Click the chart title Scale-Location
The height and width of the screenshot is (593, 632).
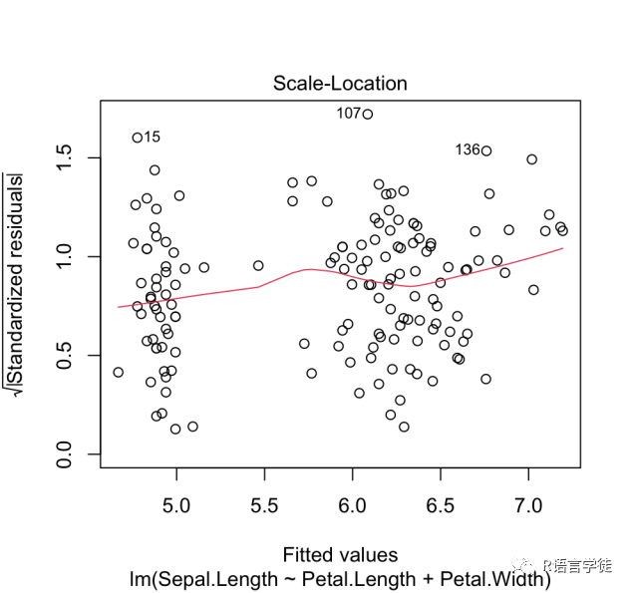click(340, 84)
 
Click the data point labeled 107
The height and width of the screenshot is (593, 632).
click(367, 114)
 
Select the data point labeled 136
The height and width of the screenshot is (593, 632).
click(486, 150)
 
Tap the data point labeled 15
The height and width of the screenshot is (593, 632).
click(138, 138)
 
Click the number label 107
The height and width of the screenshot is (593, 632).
click(348, 114)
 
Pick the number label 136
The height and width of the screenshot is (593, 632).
click(467, 150)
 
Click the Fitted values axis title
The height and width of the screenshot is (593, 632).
click(340, 555)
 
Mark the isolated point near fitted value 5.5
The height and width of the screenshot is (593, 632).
click(258, 265)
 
